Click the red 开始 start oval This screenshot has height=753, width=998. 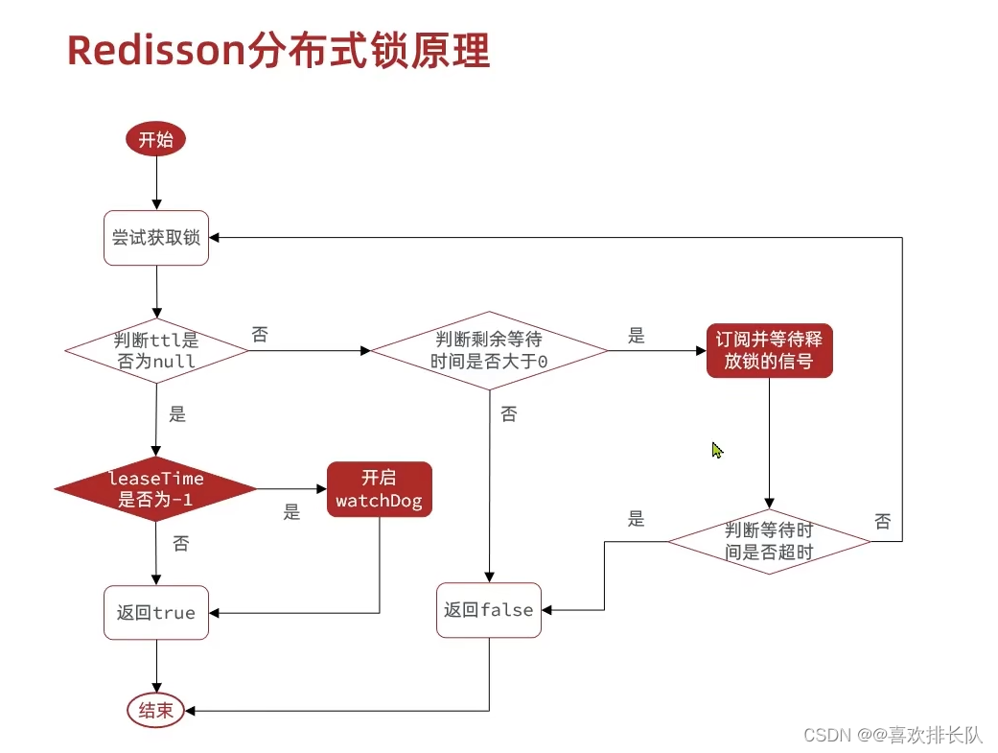(155, 140)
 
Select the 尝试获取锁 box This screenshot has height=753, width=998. (155, 237)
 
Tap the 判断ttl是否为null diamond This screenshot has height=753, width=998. (155, 350)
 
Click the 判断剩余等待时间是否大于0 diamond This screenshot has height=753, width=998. (489, 350)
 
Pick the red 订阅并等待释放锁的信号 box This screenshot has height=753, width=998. (769, 350)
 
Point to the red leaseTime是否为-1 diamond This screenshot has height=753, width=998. (155, 488)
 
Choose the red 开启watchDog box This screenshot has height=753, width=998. (379, 488)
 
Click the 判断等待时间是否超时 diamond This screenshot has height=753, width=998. (769, 542)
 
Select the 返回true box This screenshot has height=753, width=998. (155, 612)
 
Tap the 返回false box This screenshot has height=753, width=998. (489, 610)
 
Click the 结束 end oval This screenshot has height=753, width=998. (155, 711)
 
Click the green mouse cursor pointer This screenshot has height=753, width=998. (716, 449)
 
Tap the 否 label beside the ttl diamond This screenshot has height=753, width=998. (260, 335)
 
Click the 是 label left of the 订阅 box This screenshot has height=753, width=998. (637, 336)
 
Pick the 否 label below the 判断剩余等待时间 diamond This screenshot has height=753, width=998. (508, 414)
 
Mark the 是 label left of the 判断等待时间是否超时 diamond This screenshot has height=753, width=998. (637, 519)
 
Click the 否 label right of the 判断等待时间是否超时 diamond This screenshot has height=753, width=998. (883, 521)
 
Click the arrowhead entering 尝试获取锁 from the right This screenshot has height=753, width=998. (215, 237)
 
